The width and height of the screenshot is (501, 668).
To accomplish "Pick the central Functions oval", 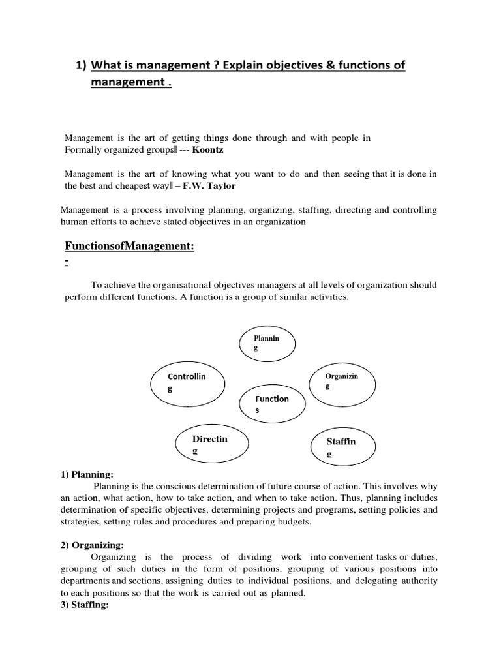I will coord(273,404).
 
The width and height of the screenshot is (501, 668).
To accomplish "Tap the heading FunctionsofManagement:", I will coord(121,245).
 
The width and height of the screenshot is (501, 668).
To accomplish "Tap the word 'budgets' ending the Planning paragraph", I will coord(295,522).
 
